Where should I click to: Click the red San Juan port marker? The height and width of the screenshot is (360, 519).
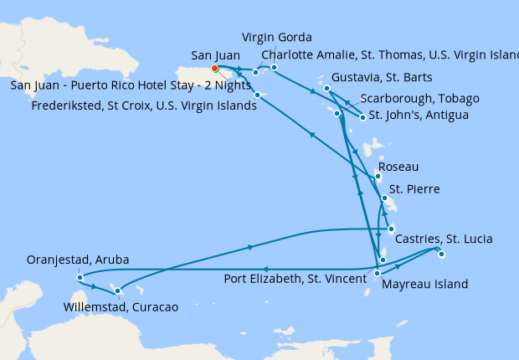pos(214,69)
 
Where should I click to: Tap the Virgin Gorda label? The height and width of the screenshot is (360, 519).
pos(276,38)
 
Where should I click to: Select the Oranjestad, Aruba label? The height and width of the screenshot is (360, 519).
pos(78,260)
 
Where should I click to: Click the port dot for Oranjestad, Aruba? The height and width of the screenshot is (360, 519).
pos(79,277)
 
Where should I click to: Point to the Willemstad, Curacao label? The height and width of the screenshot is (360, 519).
pos(121,307)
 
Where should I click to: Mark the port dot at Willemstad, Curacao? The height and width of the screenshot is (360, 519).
pos(118,291)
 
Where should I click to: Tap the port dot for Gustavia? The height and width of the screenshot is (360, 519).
pos(326,87)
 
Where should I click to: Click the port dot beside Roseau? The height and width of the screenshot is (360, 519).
pos(378,176)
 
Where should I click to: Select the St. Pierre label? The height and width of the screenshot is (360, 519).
pos(414,190)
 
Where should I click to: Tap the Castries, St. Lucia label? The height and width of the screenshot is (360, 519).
pos(443,239)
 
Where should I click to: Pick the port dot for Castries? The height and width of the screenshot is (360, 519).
pos(391,228)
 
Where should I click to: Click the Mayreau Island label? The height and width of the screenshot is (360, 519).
pos(424,284)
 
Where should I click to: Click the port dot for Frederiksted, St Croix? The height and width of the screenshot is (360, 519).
pos(257,95)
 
